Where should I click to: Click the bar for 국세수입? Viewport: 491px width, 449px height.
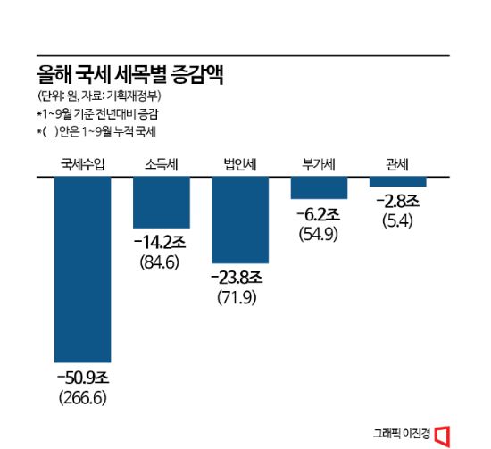pos(83,269)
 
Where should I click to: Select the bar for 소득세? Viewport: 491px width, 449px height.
pos(162,203)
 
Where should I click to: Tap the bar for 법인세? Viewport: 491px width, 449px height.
pos(240,220)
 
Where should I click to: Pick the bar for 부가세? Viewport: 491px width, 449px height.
pos(319,187)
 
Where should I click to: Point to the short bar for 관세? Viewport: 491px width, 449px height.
pos(397,181)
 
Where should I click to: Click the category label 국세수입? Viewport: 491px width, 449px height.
pos(83,164)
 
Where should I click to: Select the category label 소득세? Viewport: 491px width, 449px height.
pos(162,164)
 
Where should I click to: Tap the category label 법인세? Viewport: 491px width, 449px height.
pos(240,164)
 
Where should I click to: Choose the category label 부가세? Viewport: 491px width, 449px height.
pos(319,164)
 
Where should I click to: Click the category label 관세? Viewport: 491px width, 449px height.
pos(397,164)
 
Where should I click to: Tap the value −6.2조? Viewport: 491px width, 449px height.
pos(319,215)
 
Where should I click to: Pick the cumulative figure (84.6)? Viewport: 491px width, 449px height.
pos(162,262)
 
